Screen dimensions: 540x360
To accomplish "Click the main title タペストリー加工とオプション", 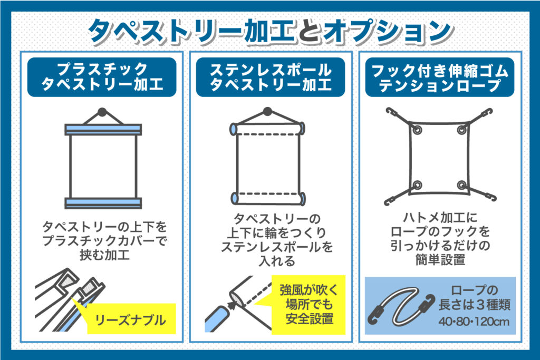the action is [x=271, y=32].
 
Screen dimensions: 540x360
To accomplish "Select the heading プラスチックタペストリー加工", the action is [x=102, y=77].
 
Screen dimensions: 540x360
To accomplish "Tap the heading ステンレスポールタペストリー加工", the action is [x=271, y=77].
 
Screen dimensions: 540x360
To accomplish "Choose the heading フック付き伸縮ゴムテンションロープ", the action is [x=440, y=77].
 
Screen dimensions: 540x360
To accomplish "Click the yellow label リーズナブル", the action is [x=131, y=319].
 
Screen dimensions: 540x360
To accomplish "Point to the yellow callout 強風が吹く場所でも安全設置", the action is [x=308, y=305].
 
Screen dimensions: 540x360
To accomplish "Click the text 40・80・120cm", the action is [x=474, y=322].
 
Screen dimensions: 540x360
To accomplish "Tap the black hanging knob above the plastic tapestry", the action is [x=102, y=112].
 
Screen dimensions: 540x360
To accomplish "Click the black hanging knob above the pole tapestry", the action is [x=267, y=112].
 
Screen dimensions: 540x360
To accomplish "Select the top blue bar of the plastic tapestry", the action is [x=103, y=130].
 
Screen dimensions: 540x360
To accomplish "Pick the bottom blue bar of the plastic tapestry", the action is [x=103, y=203].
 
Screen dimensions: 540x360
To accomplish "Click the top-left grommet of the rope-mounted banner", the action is [x=418, y=130].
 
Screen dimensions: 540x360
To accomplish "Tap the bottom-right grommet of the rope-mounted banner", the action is [x=462, y=185].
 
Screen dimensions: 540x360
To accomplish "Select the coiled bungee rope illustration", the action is [x=401, y=306].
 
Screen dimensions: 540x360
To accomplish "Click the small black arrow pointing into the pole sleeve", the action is [x=232, y=305].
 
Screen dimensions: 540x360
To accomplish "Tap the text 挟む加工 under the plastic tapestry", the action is [x=105, y=255].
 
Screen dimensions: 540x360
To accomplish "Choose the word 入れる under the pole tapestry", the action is [x=277, y=261].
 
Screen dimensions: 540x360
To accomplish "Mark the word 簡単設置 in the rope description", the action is [x=440, y=259].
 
